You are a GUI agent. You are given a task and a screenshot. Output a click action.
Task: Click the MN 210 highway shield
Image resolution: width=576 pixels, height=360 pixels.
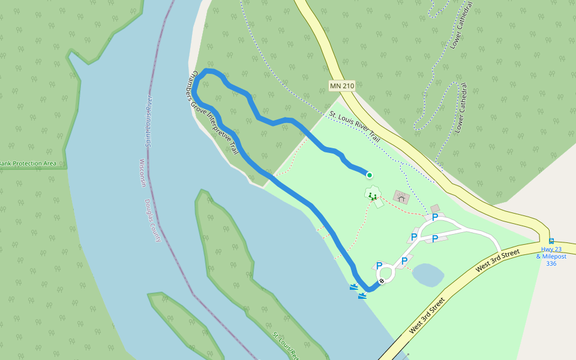342,86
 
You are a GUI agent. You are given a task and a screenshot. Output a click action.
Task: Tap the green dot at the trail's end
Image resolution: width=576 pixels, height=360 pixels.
370,175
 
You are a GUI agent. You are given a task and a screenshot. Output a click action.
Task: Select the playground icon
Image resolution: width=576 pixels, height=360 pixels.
373,195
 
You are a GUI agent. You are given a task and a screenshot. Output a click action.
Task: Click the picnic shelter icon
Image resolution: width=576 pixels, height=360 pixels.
401,197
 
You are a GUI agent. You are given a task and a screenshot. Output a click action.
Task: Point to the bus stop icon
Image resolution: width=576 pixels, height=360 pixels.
551,241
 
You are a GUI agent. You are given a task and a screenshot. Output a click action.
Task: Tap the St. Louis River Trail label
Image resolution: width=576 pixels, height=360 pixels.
355,126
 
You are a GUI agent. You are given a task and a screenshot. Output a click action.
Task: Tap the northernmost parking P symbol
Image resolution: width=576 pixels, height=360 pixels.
434,217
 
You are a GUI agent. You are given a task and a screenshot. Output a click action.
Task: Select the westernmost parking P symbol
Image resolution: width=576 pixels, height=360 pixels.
379,265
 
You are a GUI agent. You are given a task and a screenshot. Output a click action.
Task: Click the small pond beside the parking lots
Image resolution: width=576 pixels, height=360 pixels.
428,275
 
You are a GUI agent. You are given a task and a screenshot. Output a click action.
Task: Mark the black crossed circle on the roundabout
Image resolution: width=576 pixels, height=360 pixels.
382,281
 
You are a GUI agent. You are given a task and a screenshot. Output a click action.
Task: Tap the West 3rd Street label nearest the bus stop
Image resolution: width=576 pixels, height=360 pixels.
497,260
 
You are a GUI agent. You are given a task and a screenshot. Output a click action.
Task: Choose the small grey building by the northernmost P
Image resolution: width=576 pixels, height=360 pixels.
436,208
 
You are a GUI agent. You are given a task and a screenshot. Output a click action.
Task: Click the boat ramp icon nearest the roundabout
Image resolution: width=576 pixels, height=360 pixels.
362,295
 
